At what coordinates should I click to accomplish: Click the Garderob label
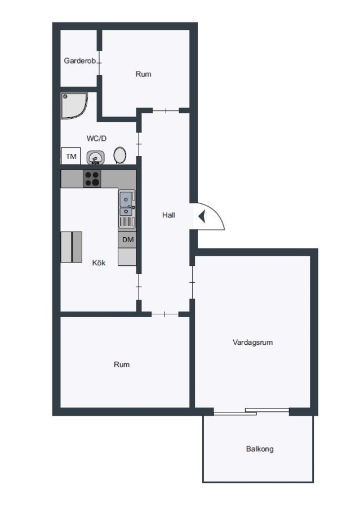coord(79,61)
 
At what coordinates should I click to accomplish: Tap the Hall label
coord(168,215)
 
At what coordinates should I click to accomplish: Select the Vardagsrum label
coord(252,342)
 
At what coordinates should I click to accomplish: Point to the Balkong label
coord(260,449)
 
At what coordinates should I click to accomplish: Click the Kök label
coord(99,263)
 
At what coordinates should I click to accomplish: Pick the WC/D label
coord(96,139)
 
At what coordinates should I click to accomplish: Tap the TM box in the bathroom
coord(71,156)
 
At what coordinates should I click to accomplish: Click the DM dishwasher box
coord(127,239)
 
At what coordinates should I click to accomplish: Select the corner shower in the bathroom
coord(74,106)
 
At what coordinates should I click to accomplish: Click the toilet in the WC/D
coord(119,155)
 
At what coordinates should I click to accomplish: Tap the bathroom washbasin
coord(95,158)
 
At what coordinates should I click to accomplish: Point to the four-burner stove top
coord(92,179)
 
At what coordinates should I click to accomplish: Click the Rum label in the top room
coord(143,74)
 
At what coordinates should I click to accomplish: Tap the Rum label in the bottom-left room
coord(122,364)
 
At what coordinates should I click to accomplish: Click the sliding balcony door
coord(251,411)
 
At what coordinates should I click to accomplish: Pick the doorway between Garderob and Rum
coord(99,63)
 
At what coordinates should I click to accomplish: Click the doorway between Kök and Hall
coord(139,287)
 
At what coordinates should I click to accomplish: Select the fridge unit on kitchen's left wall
coord(71,247)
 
